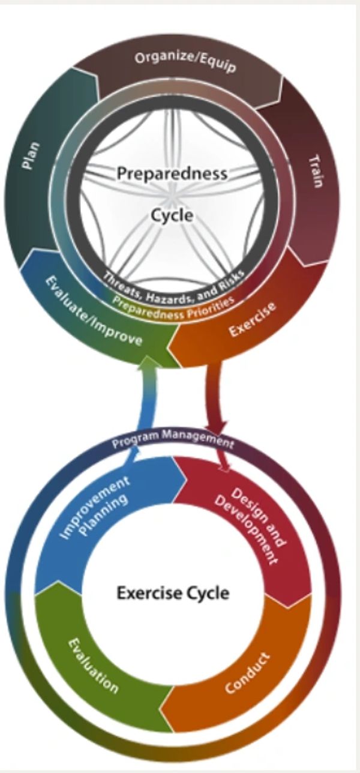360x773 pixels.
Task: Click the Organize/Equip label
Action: click(185, 62)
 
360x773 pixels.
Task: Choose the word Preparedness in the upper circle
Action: click(172, 173)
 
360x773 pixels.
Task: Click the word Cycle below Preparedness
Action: click(172, 215)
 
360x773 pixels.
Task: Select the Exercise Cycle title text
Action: click(173, 593)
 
